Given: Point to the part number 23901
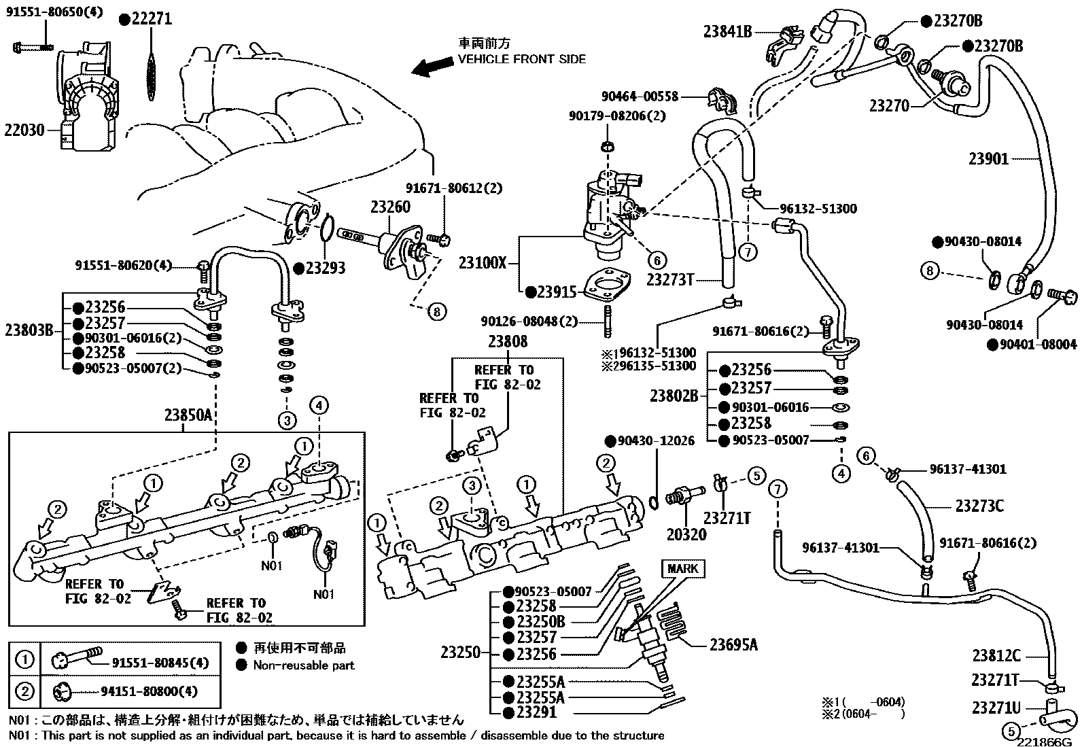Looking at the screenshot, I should [988, 159].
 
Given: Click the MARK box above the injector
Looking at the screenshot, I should [682, 568].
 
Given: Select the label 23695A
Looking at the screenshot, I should [733, 644].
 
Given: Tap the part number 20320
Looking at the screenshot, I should [686, 534].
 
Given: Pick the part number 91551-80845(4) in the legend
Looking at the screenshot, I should [160, 662].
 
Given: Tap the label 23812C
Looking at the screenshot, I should [996, 655].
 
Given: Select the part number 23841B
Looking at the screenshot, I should [727, 31].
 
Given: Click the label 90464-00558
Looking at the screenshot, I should [640, 97].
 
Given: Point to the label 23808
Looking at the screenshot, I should [508, 341].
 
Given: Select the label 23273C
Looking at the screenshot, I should [979, 506].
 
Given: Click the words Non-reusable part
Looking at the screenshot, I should [304, 665].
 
